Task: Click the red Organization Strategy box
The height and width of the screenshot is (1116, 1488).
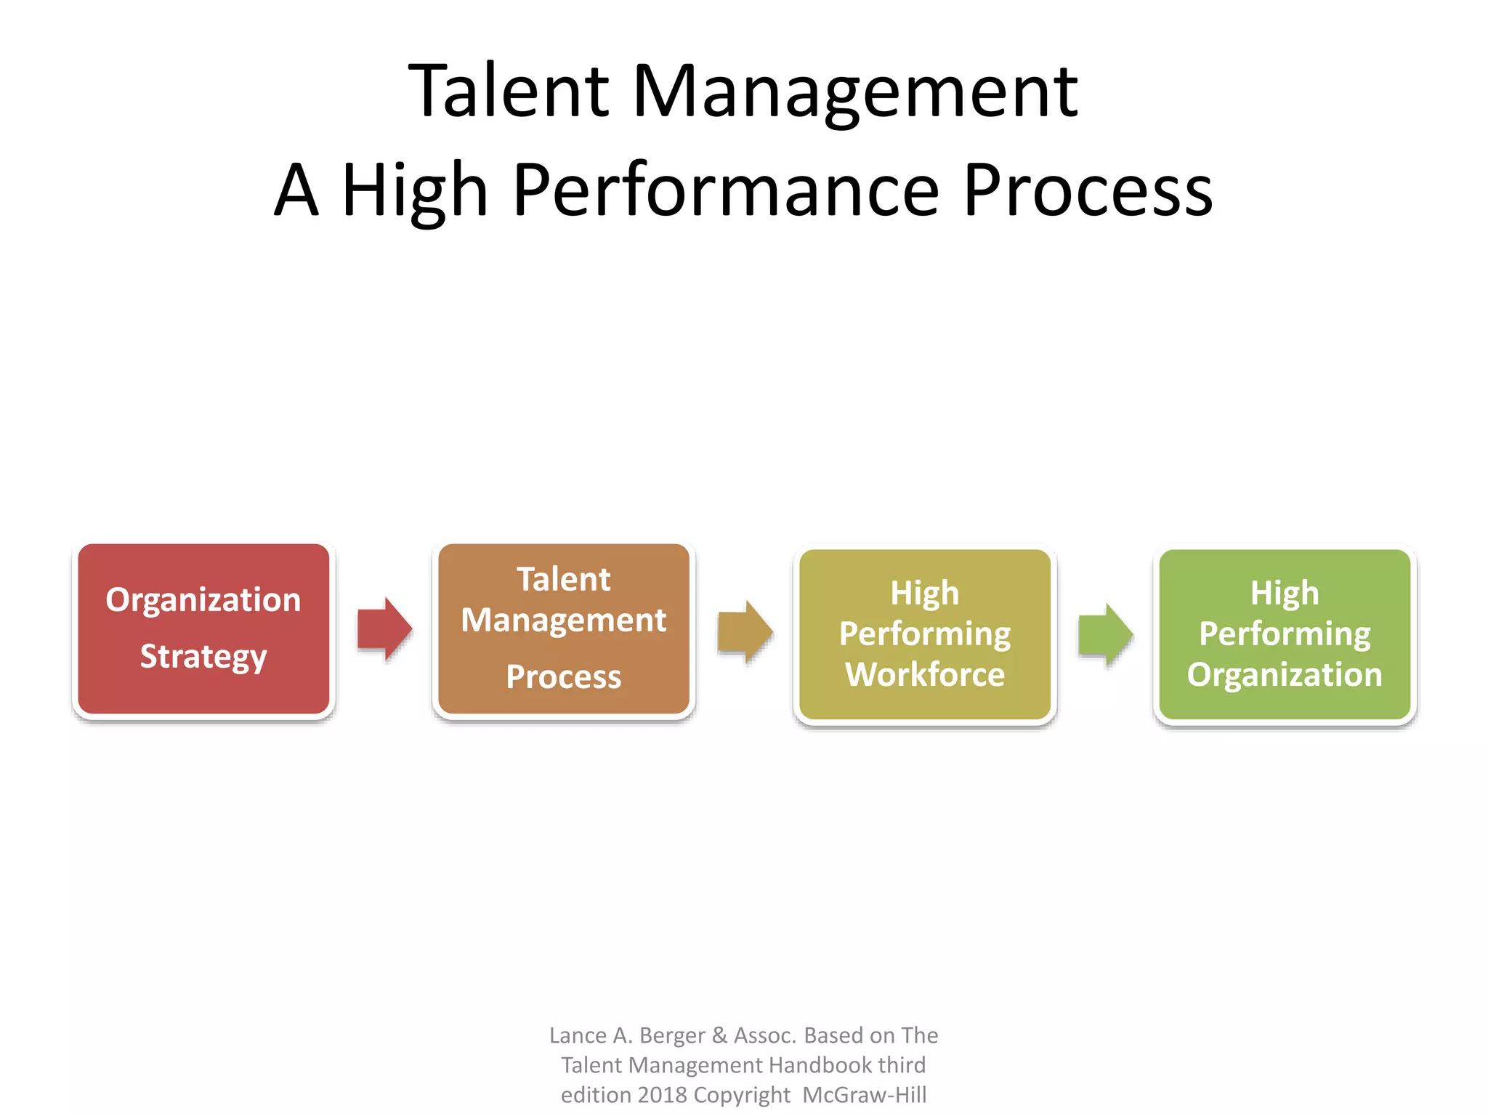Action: (203, 629)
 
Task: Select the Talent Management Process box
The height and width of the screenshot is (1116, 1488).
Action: (564, 629)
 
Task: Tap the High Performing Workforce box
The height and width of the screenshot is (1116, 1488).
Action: (925, 634)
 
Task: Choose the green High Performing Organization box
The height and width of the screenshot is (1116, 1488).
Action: (1285, 634)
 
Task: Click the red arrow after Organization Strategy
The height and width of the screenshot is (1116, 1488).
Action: (384, 629)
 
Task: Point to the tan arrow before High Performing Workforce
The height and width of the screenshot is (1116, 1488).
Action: (745, 632)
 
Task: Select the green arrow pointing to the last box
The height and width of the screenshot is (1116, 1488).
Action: (1105, 635)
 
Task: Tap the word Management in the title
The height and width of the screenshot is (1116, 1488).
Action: (855, 92)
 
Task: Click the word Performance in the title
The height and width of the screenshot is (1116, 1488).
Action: (727, 190)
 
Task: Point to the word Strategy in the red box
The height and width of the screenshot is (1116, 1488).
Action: (203, 657)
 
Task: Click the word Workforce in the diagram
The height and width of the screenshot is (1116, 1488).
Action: (925, 674)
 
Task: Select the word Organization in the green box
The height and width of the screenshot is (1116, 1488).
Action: (1285, 674)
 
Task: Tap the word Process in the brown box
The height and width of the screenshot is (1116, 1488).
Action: (564, 677)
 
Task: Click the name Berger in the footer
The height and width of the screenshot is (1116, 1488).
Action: (671, 1035)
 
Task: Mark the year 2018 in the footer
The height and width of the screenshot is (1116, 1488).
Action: (661, 1095)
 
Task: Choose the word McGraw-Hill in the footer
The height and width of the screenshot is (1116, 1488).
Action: (865, 1095)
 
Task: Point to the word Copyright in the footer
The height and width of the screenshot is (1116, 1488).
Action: (742, 1095)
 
